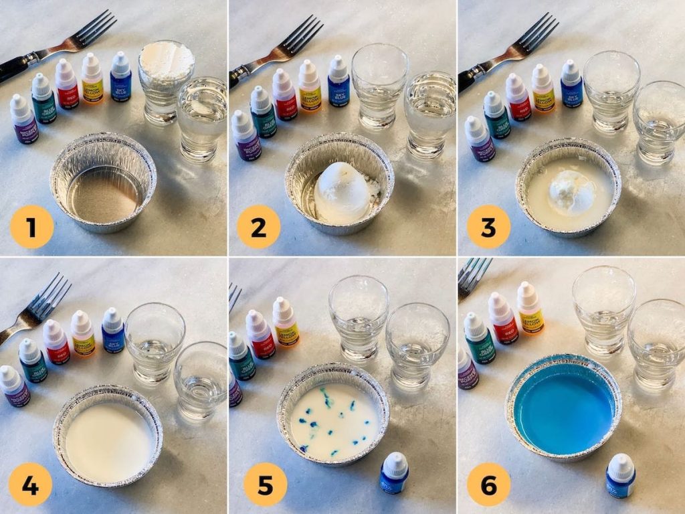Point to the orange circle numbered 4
click(x=30, y=485)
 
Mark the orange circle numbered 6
click(x=488, y=485)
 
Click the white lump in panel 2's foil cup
click(x=342, y=191)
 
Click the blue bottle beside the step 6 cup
click(x=620, y=476)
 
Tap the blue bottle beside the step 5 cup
click(x=394, y=473)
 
